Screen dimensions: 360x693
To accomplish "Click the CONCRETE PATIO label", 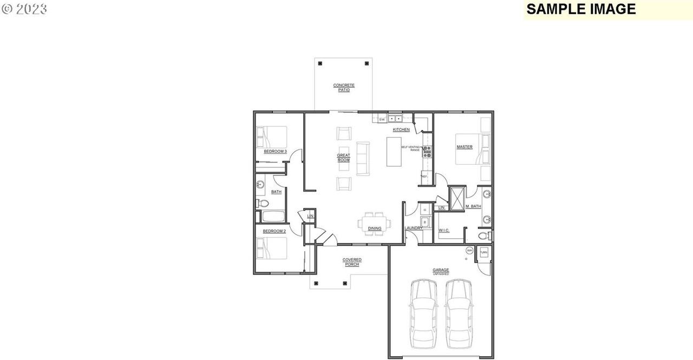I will click(x=344, y=87).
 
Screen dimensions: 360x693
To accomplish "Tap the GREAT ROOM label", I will click(x=343, y=158).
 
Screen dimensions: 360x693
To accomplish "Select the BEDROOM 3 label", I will click(x=275, y=152).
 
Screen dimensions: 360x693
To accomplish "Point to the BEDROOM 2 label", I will click(x=274, y=231).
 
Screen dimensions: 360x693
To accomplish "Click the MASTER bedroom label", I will click(x=464, y=147).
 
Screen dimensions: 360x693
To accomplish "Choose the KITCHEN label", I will click(x=401, y=130).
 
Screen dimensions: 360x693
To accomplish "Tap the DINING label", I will click(x=375, y=228).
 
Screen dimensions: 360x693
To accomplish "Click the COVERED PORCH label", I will click(x=352, y=262).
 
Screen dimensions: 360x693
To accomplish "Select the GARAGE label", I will click(x=440, y=271).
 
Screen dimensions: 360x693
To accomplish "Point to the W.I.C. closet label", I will click(x=444, y=231).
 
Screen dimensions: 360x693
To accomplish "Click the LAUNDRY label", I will click(x=414, y=228).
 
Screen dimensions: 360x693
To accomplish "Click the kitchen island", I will click(x=394, y=151).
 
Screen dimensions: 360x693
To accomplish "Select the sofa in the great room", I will click(x=363, y=158).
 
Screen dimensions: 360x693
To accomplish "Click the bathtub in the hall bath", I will click(x=274, y=217).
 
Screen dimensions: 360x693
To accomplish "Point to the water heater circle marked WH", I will click(x=469, y=250).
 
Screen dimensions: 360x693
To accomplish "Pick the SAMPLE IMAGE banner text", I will click(x=581, y=9).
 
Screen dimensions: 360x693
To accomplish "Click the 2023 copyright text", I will click(x=24, y=9).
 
